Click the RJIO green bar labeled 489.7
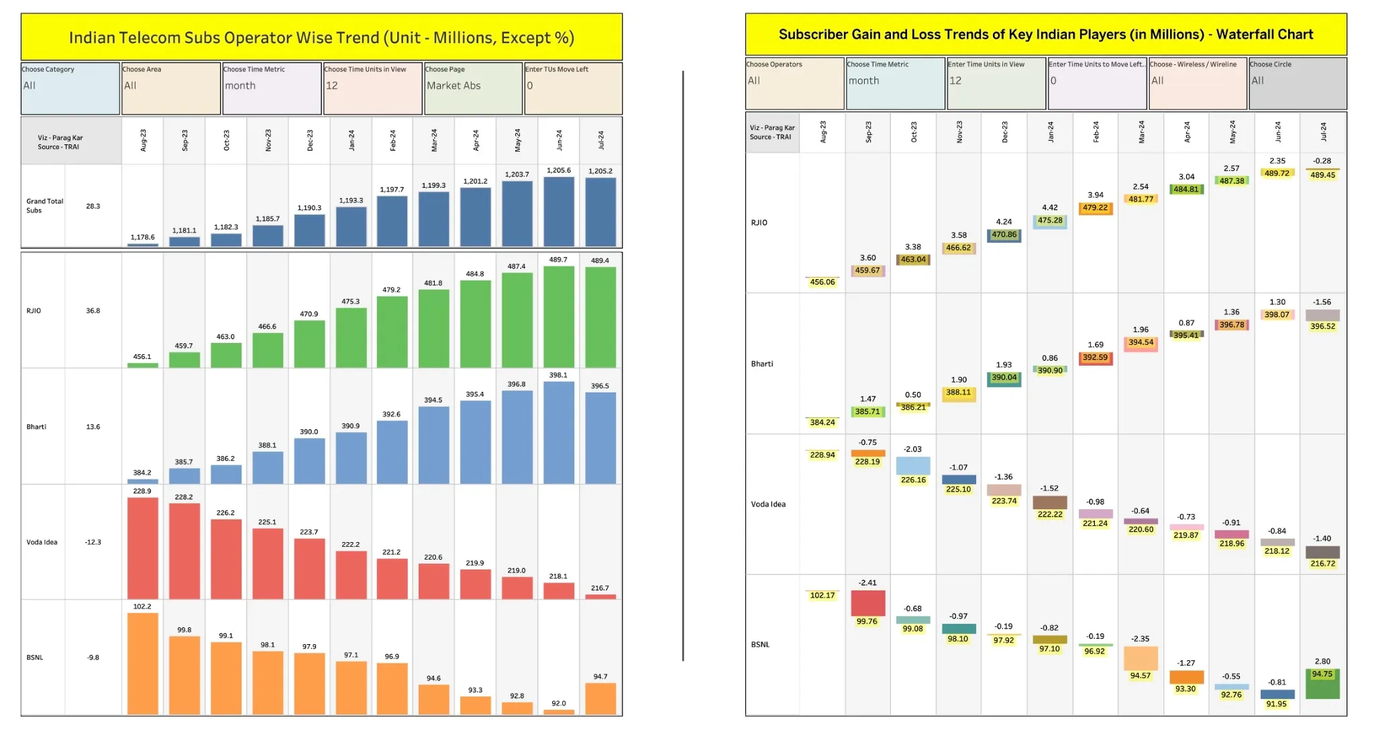(x=558, y=317)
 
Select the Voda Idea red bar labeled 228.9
(x=142, y=548)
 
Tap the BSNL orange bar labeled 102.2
(x=142, y=664)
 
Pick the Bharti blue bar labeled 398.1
(x=558, y=433)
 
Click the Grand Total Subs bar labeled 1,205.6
(x=558, y=211)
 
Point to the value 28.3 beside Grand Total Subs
(x=93, y=206)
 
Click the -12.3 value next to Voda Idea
(x=93, y=542)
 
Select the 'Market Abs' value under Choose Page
(x=454, y=86)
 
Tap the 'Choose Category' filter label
(x=48, y=69)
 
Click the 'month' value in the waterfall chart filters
(x=863, y=81)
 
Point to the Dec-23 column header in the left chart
(x=310, y=140)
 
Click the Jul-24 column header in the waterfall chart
(x=1323, y=132)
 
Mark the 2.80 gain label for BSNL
(x=1322, y=662)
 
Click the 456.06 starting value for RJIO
(x=822, y=282)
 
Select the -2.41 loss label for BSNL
(x=867, y=583)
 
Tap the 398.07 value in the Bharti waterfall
(x=1277, y=315)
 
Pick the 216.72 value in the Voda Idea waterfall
(x=1322, y=564)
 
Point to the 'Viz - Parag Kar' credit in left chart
(x=60, y=138)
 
